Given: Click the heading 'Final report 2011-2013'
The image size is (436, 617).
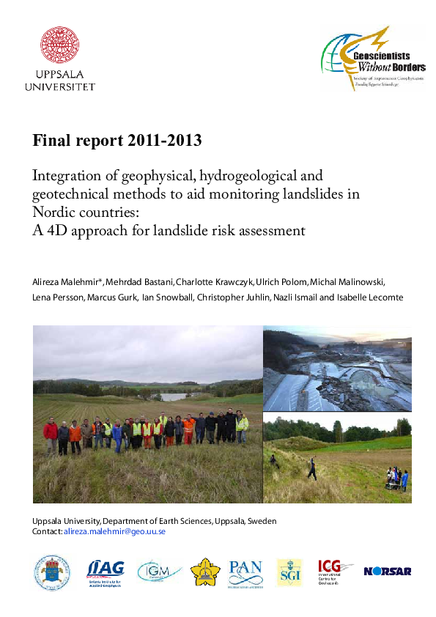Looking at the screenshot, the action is [117, 140].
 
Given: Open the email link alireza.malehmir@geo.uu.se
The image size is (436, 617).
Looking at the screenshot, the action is [114, 531].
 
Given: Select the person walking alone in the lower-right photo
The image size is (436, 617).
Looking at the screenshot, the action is [312, 468].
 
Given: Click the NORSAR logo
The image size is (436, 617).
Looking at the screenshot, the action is [387, 571].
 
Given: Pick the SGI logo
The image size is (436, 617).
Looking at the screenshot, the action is [289, 572].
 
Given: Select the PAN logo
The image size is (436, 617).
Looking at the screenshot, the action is [245, 571].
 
